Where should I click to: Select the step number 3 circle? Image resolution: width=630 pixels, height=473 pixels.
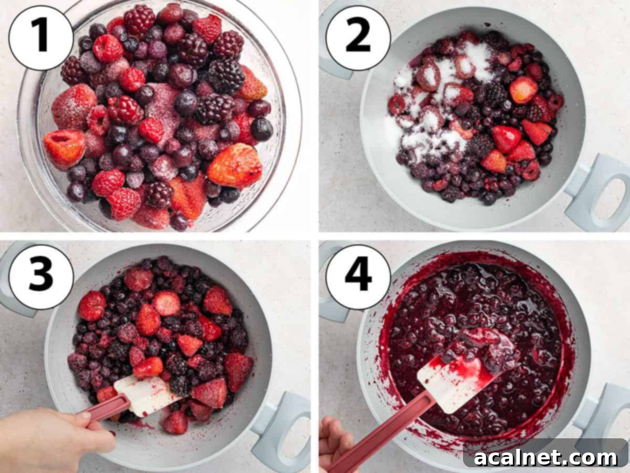pos(41,276)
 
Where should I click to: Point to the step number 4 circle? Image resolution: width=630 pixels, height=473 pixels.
pos(358,276)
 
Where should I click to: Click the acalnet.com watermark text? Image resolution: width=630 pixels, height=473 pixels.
pos(546,457)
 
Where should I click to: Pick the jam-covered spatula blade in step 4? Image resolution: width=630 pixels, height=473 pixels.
pos(462,373)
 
